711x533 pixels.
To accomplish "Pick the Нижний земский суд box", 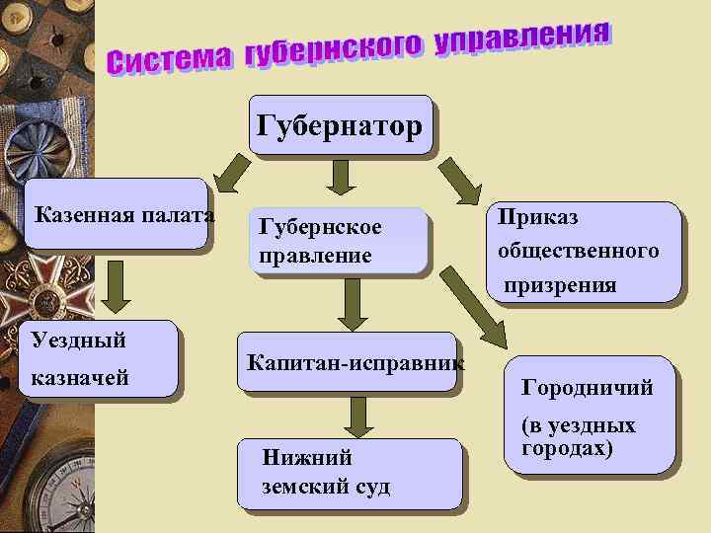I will tap(355, 472).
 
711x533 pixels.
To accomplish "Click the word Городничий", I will tap(587, 388).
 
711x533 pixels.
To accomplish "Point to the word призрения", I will tap(559, 286).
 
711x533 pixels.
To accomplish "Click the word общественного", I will tap(578, 251).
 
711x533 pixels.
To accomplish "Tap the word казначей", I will tap(79, 376).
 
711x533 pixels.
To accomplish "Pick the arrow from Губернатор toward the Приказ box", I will tap(459, 181).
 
